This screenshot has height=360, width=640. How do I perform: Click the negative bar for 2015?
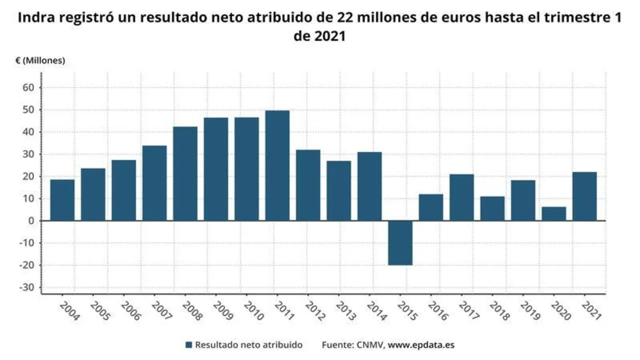tap(400, 243)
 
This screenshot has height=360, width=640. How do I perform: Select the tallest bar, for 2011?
tap(277, 165)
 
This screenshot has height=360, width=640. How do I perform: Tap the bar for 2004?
tap(62, 200)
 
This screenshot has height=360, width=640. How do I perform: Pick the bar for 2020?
tap(554, 214)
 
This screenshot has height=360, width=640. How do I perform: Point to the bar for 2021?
tap(584, 196)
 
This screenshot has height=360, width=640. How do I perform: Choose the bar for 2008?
tap(185, 173)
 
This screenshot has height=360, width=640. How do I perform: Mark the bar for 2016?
tap(431, 207)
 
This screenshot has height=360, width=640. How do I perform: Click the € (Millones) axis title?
tap(40, 60)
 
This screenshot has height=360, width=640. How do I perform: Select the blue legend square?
tap(188, 345)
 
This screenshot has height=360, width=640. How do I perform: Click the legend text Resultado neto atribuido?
tap(248, 345)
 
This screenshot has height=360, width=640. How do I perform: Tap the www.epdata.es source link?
tap(421, 345)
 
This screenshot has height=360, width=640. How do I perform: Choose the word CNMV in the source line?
tap(369, 345)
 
